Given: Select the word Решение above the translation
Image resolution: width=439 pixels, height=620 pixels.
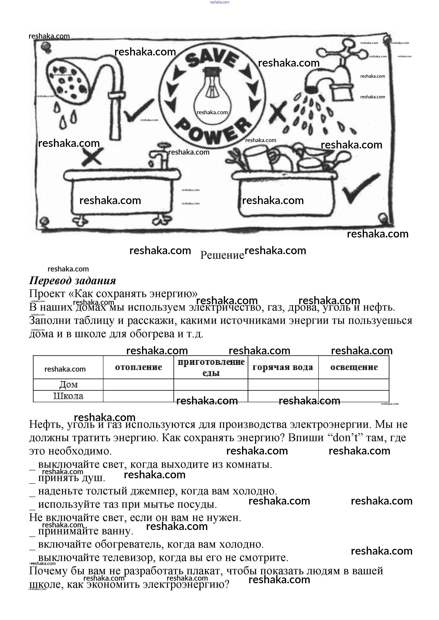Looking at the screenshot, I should point(222,255).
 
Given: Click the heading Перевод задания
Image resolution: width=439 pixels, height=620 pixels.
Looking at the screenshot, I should point(72,281).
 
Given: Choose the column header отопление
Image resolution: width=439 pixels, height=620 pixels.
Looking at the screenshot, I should point(138,367).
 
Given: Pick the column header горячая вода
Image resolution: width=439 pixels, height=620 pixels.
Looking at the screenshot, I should point(283,367).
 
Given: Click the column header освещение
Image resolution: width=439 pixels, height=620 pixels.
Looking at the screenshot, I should point(354,367).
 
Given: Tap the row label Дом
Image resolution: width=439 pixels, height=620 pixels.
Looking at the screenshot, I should point(68,385).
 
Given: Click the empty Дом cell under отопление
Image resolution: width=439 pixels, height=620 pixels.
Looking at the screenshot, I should point(138,385).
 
